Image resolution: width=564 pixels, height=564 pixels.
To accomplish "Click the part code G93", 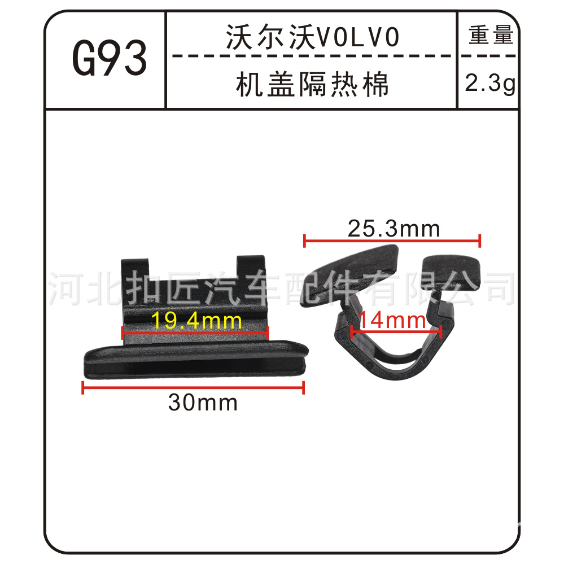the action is pos(110,58).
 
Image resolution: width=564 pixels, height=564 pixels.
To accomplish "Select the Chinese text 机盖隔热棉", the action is pos(312,84).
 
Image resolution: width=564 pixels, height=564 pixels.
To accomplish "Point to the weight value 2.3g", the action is pos(490,84).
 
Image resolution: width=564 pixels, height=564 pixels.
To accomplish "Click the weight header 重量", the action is pos(491,35).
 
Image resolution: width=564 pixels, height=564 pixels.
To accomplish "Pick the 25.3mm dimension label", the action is pos(394,229).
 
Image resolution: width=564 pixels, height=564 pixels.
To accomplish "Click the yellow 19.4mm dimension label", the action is pos(196,321).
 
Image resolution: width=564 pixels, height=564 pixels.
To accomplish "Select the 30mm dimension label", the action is pos(203,403).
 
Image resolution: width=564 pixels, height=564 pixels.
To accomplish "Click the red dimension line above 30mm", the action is pos(194,387).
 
